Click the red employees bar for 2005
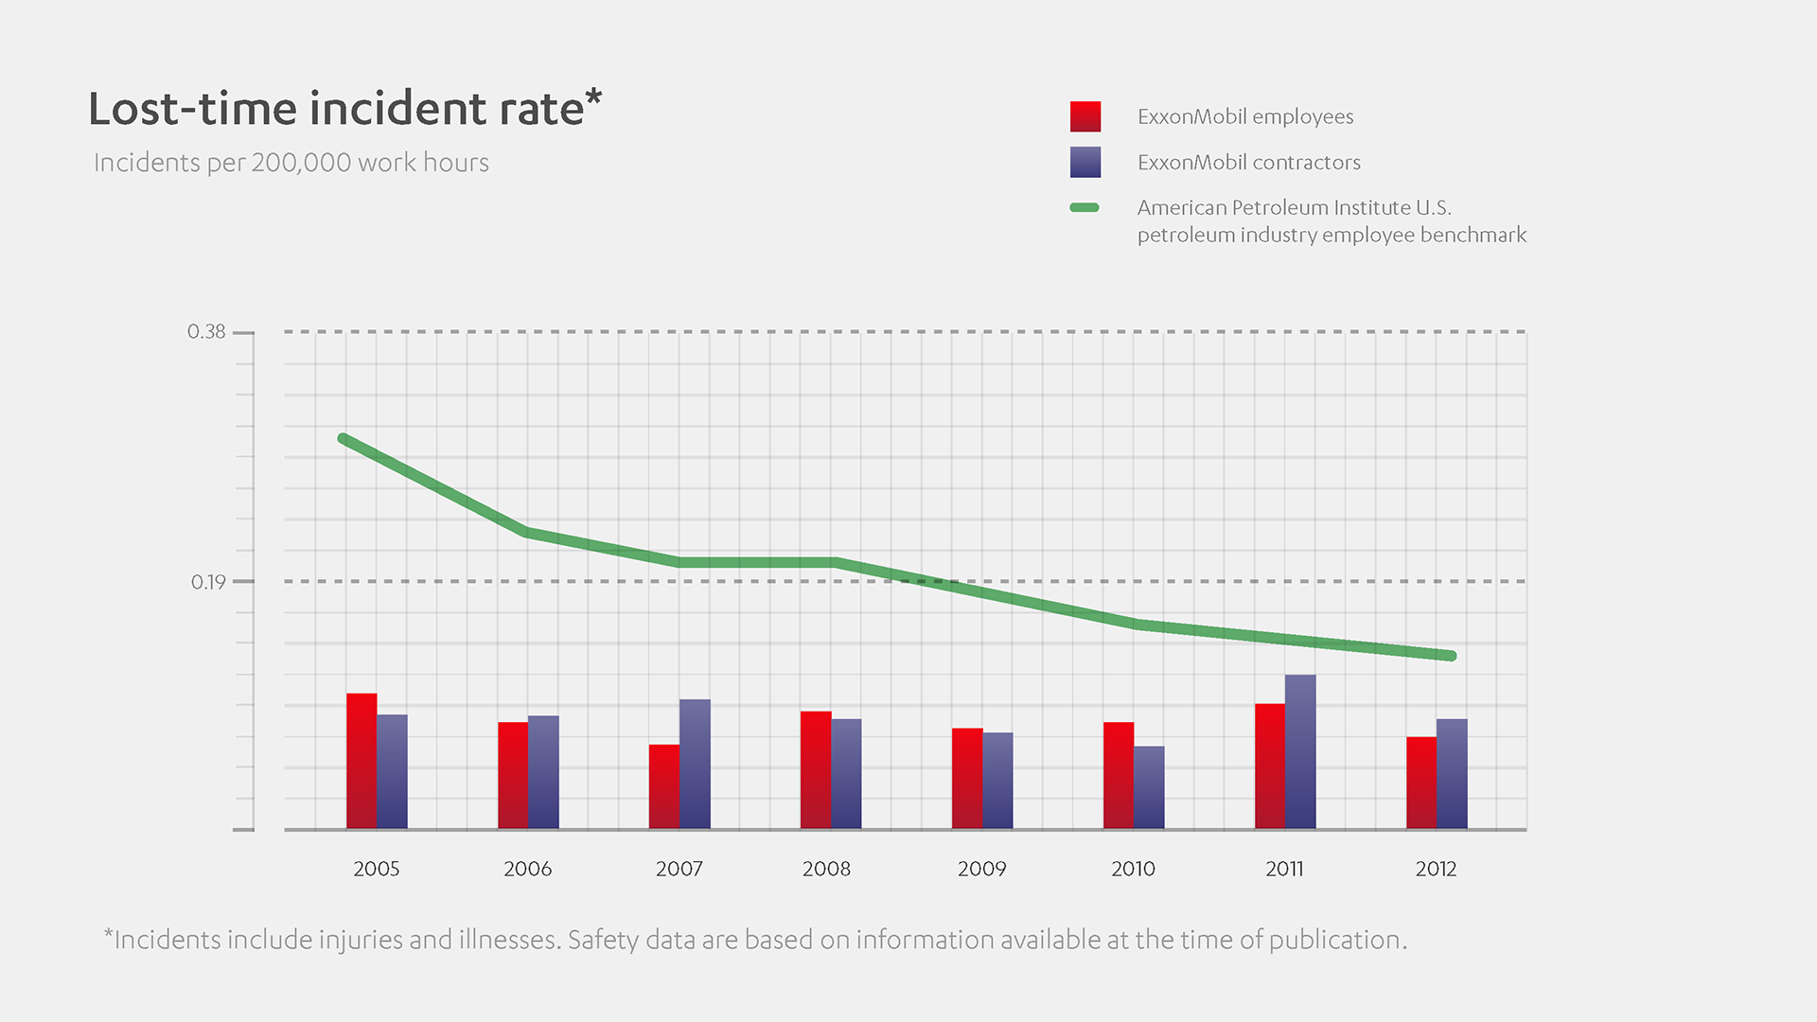point(362,762)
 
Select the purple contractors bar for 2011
point(1300,752)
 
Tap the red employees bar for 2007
point(664,787)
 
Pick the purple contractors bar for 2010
point(1149,788)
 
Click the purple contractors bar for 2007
point(695,765)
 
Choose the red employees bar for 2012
point(1421,784)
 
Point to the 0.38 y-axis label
point(206,332)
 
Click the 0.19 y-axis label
point(208,582)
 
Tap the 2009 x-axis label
point(981,869)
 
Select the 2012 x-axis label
point(1436,869)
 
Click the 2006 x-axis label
point(527,869)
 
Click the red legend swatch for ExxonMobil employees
point(1085,116)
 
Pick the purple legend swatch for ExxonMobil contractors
point(1085,162)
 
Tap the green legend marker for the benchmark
point(1085,207)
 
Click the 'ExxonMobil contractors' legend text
point(1248,163)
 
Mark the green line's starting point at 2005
point(344,439)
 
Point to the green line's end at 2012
point(1451,656)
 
